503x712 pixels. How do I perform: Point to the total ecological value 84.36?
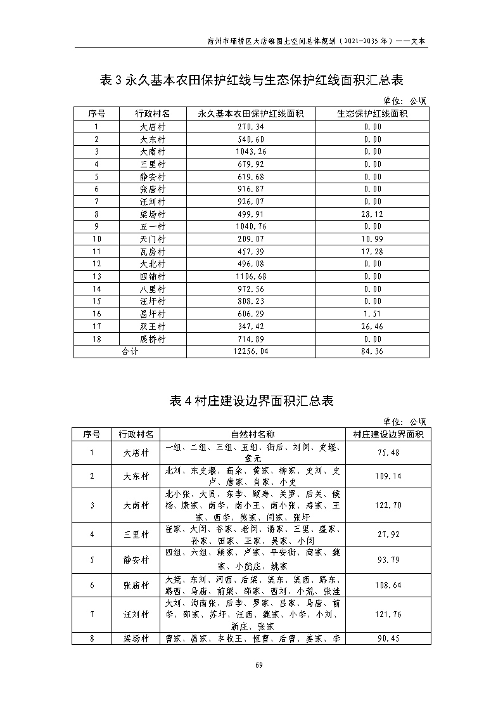click(x=372, y=352)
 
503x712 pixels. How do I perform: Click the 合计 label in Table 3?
click(x=130, y=352)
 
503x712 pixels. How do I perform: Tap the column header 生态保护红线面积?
click(x=372, y=113)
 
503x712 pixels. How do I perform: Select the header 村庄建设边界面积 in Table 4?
click(x=388, y=434)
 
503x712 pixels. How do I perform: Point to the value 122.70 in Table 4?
click(x=388, y=505)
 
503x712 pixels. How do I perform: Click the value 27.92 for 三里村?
click(x=388, y=534)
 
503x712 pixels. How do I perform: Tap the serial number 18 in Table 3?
click(x=97, y=339)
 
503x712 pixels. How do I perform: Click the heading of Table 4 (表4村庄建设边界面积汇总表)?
click(x=251, y=401)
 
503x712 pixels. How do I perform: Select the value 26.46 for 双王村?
click(x=372, y=327)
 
